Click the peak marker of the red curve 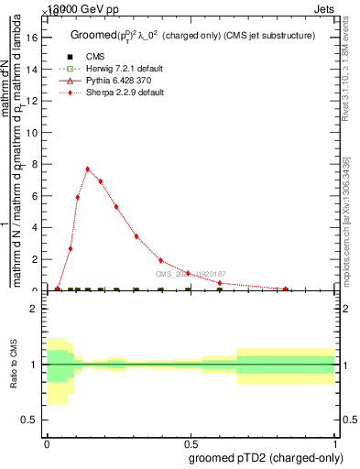click(88, 169)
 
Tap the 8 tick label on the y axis click(36, 164)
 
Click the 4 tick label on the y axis click(36, 227)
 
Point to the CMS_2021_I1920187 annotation click(190, 274)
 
